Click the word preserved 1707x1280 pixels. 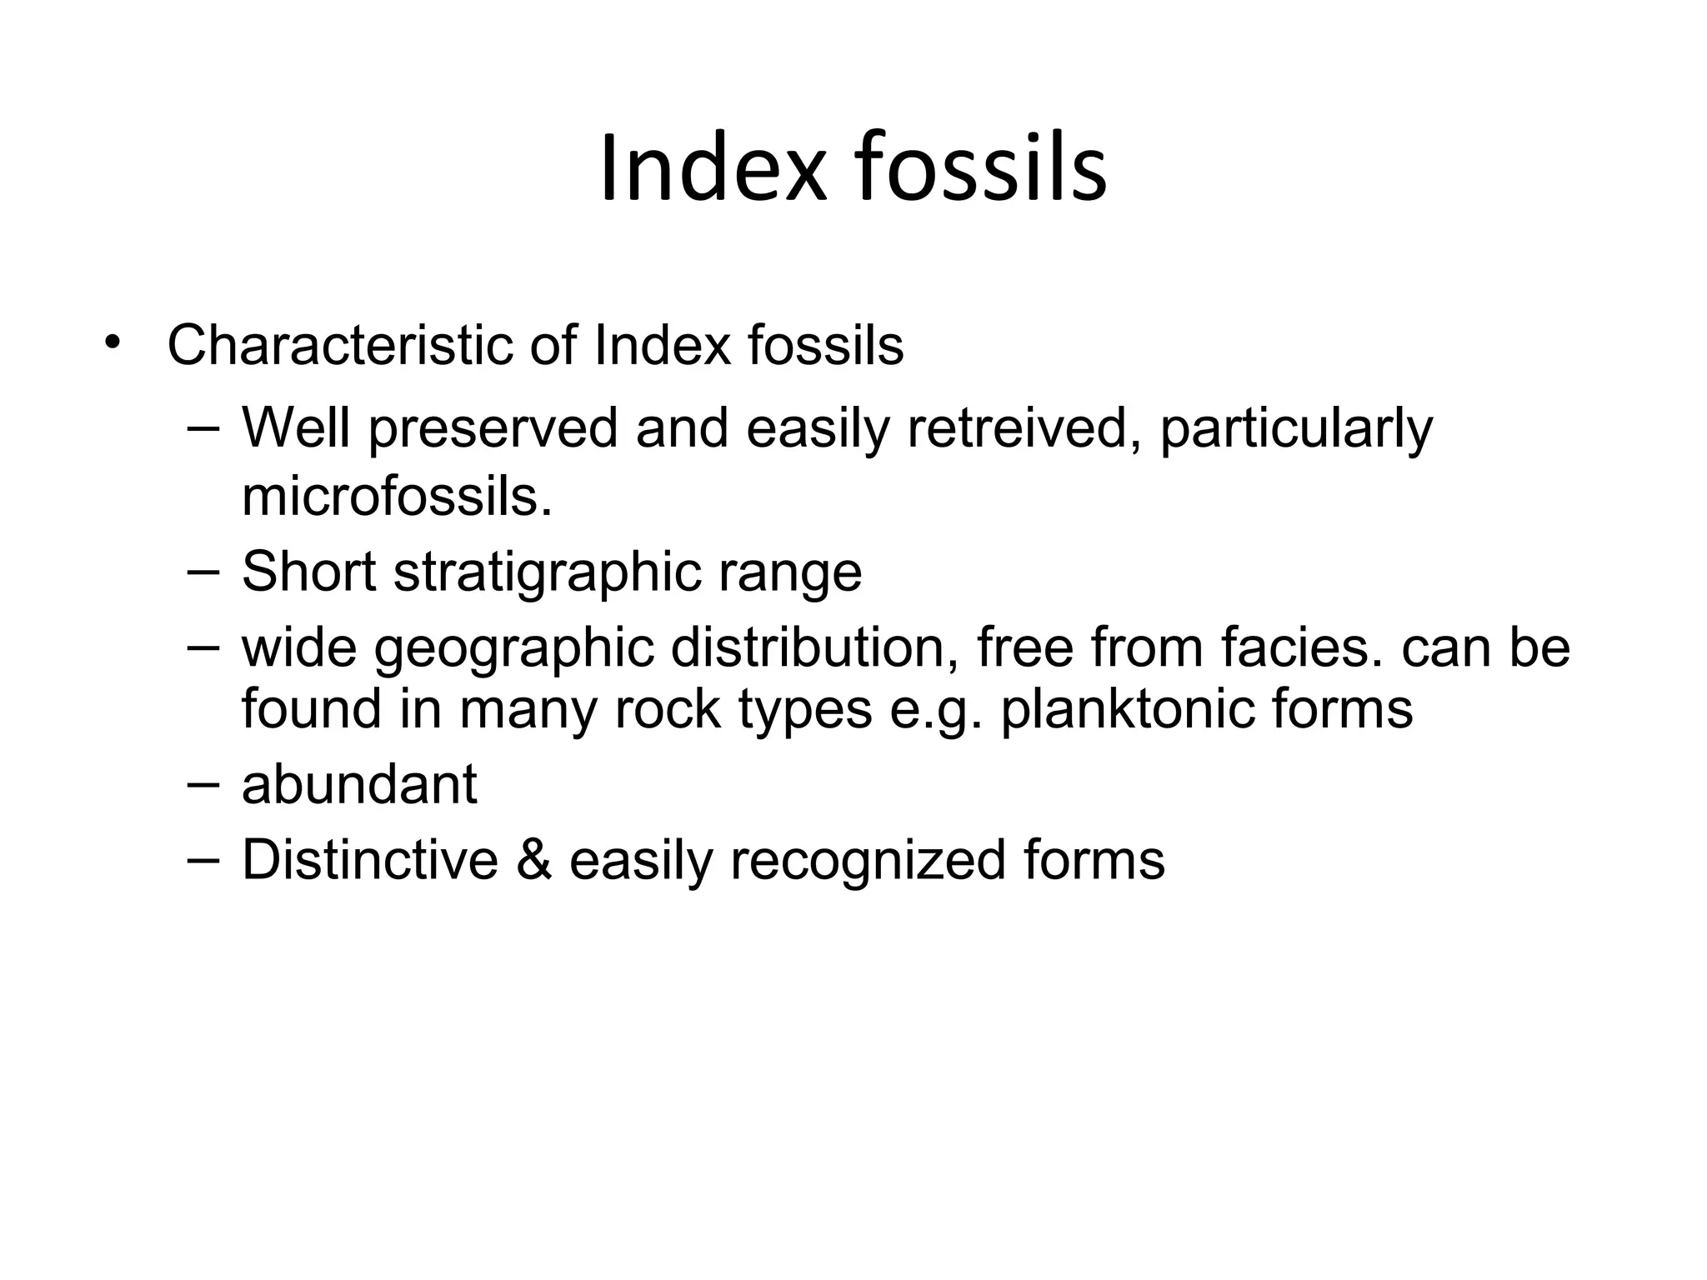[493, 428]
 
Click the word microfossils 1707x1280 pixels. [397, 497]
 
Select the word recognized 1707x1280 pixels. [868, 861]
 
